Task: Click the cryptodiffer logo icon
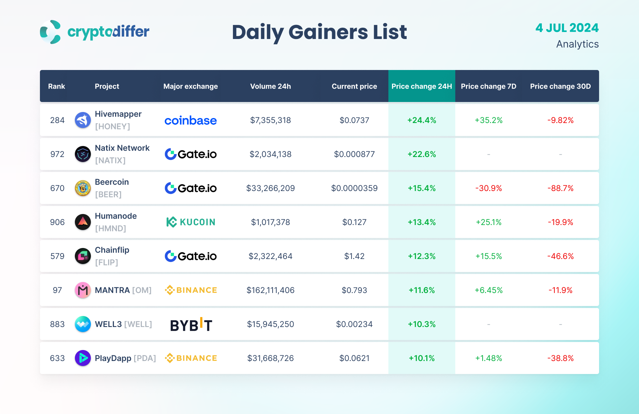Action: [50, 32]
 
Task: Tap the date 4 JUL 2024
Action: [567, 28]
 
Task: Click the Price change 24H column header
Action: [421, 86]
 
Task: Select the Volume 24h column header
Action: [270, 86]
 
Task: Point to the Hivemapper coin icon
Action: [83, 120]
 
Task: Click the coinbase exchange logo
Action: [190, 120]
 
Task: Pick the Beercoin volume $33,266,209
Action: [270, 188]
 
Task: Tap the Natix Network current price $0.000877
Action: [354, 154]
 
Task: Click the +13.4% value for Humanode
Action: [421, 222]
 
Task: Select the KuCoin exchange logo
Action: [191, 222]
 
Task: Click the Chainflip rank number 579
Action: [57, 256]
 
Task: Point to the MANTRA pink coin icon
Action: [83, 290]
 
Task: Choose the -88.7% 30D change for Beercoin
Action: [560, 188]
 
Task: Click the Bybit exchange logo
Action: [191, 324]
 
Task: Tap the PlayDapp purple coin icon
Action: [83, 358]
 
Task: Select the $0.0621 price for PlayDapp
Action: [354, 358]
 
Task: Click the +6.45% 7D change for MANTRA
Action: [488, 290]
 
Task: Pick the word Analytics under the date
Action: [577, 44]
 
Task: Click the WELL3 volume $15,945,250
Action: [270, 324]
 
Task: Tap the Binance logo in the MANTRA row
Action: [191, 290]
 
